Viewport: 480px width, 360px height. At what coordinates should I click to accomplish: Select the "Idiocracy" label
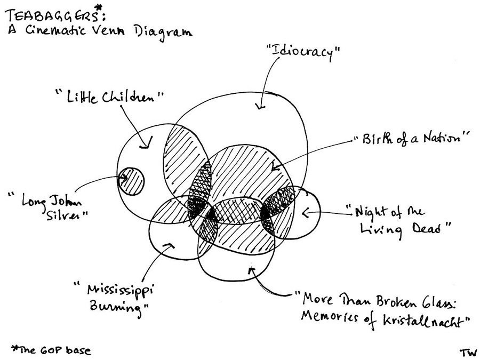302,52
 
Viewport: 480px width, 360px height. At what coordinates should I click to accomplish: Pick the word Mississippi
118,291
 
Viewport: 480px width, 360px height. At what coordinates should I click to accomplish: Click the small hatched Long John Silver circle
131,180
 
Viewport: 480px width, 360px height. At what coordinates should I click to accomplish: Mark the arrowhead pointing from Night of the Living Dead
306,213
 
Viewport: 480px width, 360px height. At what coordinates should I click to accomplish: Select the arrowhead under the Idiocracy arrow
260,107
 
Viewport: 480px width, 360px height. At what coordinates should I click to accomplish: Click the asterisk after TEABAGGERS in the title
98,7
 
